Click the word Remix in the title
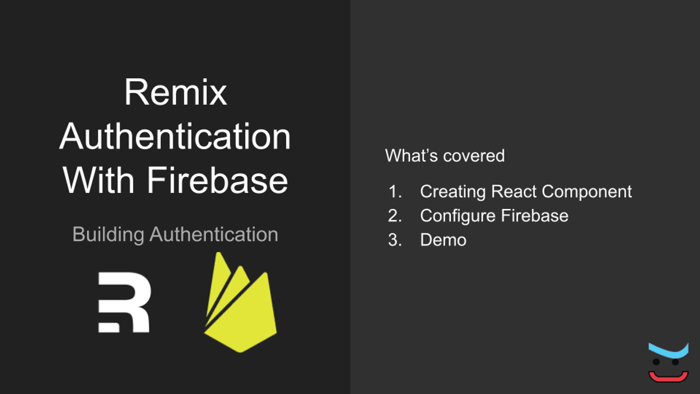point(175,93)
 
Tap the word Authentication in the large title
point(175,137)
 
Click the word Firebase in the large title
point(218,180)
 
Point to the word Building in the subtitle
point(108,235)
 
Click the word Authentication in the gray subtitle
point(213,235)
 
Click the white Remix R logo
point(124,302)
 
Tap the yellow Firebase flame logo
point(240,306)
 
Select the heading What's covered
point(444,156)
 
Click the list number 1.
point(395,191)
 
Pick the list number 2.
point(395,216)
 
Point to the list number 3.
point(395,240)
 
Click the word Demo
point(443,240)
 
